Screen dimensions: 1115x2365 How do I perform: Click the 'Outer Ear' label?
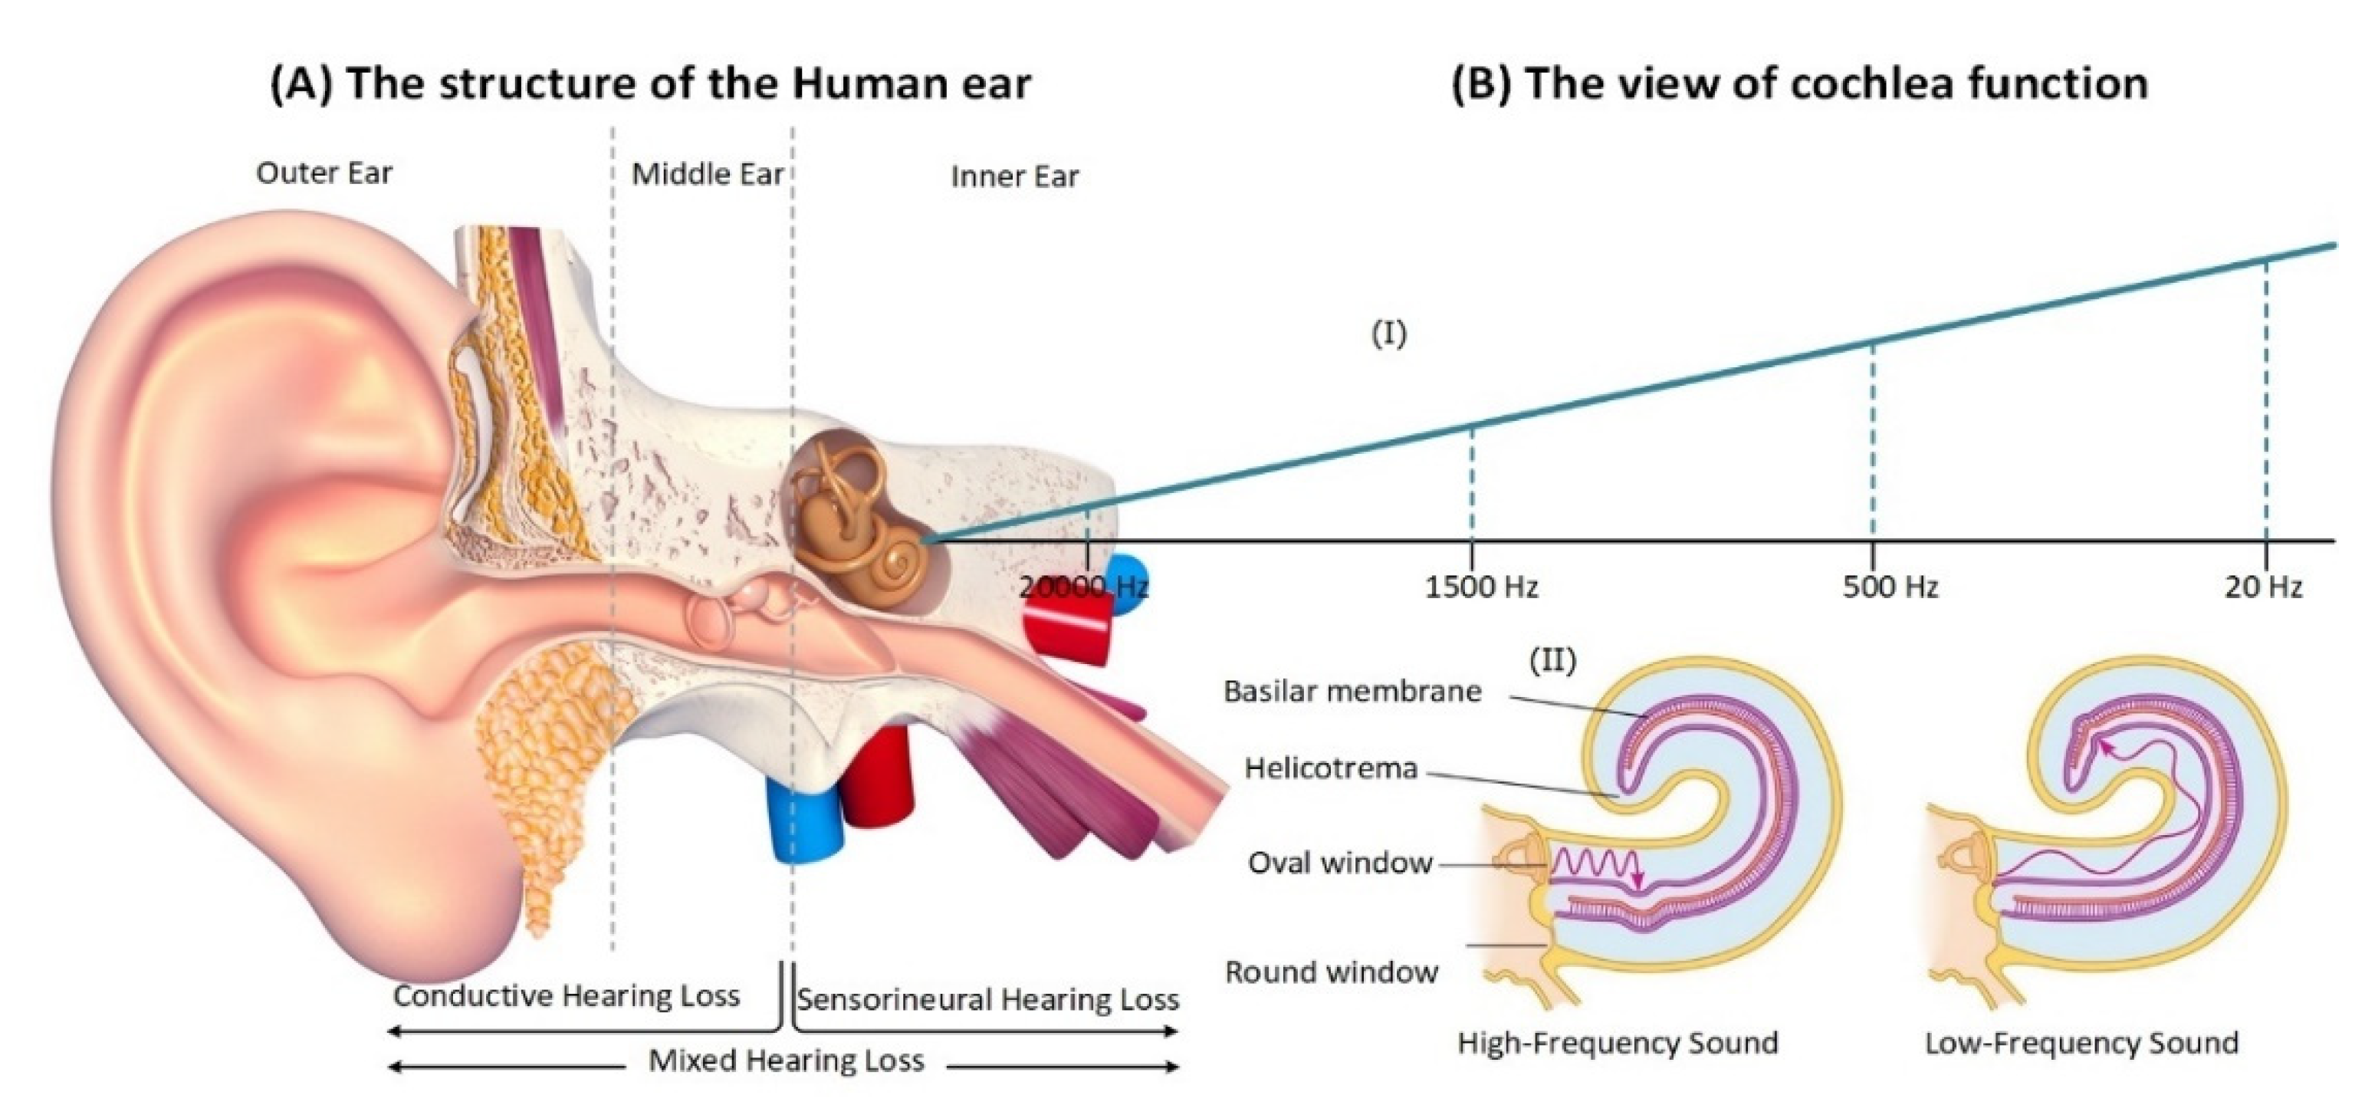pos(324,173)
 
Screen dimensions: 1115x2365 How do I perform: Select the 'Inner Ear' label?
pos(1014,176)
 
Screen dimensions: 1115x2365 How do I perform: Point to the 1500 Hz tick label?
pos(1481,586)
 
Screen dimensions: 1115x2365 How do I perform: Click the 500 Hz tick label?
pos(1890,586)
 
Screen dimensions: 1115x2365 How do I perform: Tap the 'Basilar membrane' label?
pos(1352,691)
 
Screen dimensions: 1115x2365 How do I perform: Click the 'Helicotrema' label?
pos(1332,767)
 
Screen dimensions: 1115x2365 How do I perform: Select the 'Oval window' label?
pos(1339,863)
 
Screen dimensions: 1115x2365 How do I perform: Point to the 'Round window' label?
pos(1332,972)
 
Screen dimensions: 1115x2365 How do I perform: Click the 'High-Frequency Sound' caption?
pos(1618,1042)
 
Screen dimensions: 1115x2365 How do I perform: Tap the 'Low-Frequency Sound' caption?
pos(2081,1042)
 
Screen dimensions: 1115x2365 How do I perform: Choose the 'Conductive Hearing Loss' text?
pos(567,995)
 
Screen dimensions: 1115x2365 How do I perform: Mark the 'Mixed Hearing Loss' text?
pos(786,1061)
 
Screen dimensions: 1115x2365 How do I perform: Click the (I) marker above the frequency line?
pos(1388,334)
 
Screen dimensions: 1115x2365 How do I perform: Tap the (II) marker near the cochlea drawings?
pos(1552,659)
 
